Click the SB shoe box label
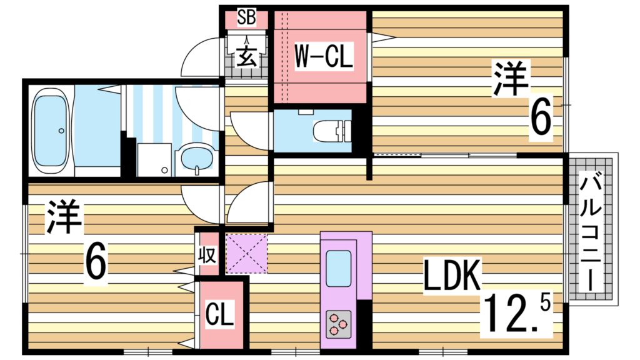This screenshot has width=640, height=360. coord(246,18)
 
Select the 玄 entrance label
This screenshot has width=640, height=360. coord(247,57)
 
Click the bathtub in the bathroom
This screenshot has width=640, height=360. coord(50,131)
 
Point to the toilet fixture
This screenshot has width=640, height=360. coord(331,130)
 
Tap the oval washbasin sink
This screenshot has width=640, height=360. coord(197,159)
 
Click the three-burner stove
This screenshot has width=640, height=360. coord(338,324)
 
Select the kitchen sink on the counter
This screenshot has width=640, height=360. coord(338,268)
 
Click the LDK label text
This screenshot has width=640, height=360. coord(451,276)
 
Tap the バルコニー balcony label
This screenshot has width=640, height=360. coord(591,232)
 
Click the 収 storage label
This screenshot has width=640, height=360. coord(207,256)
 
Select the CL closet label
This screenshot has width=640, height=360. coord(219,314)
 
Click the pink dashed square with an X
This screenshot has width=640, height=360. coord(246,253)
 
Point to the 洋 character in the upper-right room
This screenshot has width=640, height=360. coord(510,78)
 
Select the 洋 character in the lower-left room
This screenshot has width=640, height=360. coord(64,217)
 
